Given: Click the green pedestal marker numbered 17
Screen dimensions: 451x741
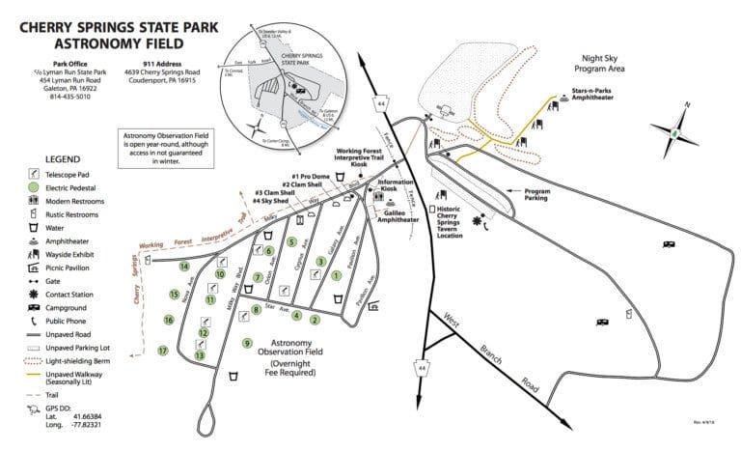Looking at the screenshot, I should [163, 351].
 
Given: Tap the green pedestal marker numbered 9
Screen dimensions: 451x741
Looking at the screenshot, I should [247, 343].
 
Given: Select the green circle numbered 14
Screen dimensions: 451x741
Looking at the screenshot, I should [184, 266].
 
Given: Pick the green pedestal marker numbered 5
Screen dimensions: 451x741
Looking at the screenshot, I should [290, 241].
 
